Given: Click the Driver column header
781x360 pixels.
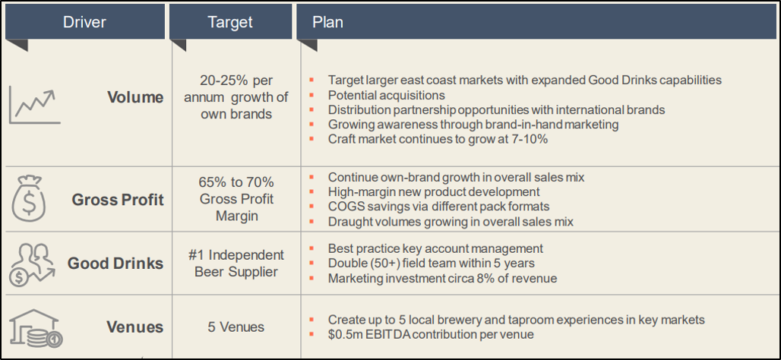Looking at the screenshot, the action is pyautogui.click(x=84, y=22).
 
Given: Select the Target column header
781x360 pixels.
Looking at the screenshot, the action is pyautogui.click(x=230, y=22).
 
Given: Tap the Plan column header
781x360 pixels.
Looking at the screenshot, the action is pyautogui.click(x=327, y=22).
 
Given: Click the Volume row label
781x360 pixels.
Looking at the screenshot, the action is pyautogui.click(x=135, y=97).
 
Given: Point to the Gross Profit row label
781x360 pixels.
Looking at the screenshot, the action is pyautogui.click(x=118, y=200).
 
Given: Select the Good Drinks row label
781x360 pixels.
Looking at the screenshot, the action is pyautogui.click(x=115, y=263).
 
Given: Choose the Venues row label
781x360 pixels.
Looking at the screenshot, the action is pyautogui.click(x=135, y=327).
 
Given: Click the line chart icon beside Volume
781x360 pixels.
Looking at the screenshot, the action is pyautogui.click(x=34, y=107).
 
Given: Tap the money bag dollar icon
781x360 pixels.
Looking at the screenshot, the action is pyautogui.click(x=28, y=199).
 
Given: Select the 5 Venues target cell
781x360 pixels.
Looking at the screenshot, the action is pyautogui.click(x=236, y=327).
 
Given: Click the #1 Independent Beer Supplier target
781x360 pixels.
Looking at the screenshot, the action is pyautogui.click(x=236, y=264).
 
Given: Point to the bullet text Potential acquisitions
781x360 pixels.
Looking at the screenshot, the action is pyautogui.click(x=387, y=95).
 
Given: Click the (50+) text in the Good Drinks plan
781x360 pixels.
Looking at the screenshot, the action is pyautogui.click(x=384, y=263).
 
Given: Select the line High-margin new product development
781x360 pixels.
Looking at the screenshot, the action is pyautogui.click(x=434, y=191).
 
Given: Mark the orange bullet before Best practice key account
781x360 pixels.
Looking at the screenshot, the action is pyautogui.click(x=311, y=248).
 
